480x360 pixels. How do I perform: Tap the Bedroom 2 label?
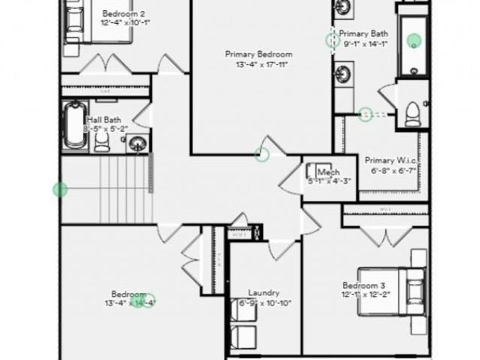pyautogui.click(x=123, y=13)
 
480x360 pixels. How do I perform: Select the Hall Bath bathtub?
pyautogui.click(x=74, y=125)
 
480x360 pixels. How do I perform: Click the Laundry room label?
pyautogui.click(x=264, y=293)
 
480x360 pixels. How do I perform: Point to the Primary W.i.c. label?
pyautogui.click(x=391, y=160)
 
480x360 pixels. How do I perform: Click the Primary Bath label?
pyautogui.click(x=364, y=34)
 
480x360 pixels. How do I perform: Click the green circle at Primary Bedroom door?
pyautogui.click(x=262, y=154)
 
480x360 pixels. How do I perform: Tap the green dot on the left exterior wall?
pyautogui.click(x=59, y=190)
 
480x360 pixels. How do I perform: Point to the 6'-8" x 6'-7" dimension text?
pyautogui.click(x=393, y=170)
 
